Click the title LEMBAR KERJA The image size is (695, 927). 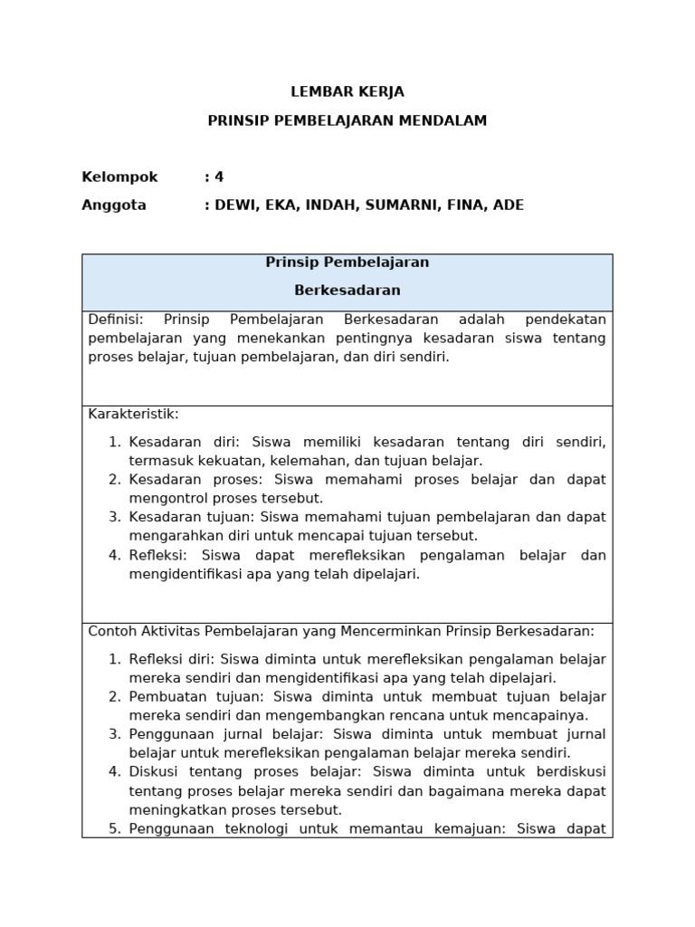pyautogui.click(x=347, y=91)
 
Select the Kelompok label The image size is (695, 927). pyautogui.click(x=119, y=177)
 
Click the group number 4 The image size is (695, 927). pyautogui.click(x=218, y=177)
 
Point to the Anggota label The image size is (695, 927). pyautogui.click(x=114, y=205)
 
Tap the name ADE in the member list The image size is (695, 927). pyautogui.click(x=509, y=205)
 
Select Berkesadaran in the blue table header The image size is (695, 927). pyautogui.click(x=347, y=291)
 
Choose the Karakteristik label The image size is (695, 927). pyautogui.click(x=133, y=414)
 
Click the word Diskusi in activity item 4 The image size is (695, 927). pyautogui.click(x=154, y=771)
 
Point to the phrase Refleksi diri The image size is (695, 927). pyautogui.click(x=171, y=658)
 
